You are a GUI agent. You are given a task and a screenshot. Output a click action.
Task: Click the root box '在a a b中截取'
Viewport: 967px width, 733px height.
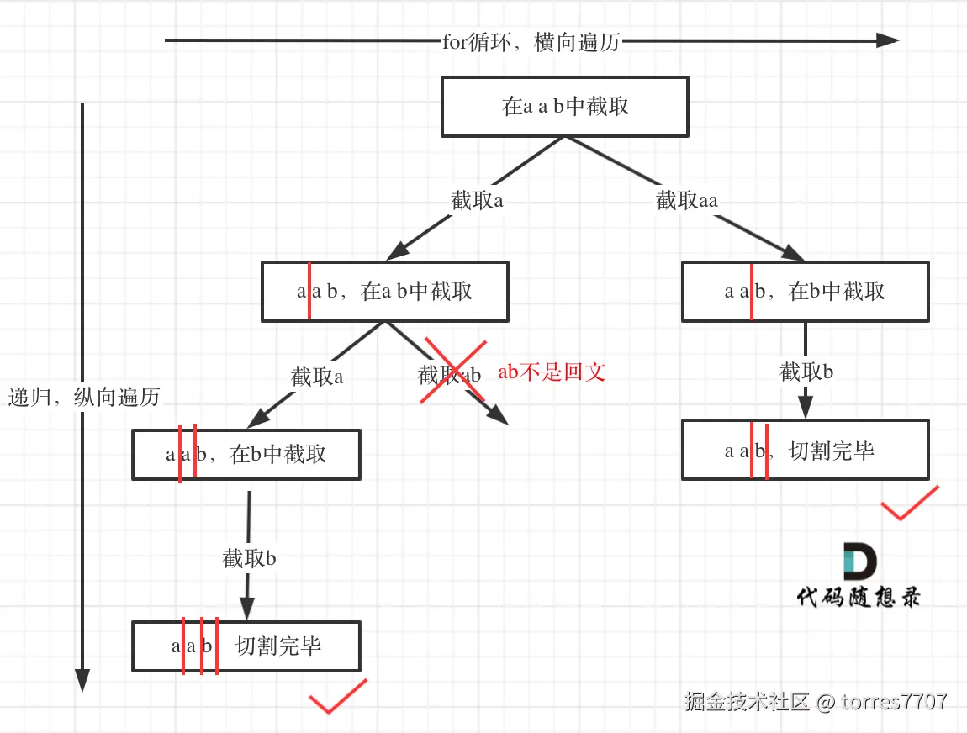tap(565, 107)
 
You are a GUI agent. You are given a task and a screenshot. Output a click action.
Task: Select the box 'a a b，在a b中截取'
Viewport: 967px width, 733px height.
tap(384, 292)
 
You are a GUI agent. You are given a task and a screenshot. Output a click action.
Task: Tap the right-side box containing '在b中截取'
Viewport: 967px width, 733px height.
tap(805, 292)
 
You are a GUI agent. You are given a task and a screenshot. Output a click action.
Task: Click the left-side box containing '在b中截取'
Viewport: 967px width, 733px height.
tap(246, 455)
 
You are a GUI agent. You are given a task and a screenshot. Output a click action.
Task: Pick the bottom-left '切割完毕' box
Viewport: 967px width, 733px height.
tap(246, 646)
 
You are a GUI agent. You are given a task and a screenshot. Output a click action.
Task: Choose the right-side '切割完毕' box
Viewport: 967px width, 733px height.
tap(805, 451)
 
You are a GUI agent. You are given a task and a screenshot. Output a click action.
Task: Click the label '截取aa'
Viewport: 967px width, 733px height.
tap(687, 200)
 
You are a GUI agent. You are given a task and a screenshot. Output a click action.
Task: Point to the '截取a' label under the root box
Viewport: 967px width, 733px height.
tap(477, 200)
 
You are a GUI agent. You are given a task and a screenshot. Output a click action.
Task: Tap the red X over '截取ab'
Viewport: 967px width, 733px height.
tap(454, 372)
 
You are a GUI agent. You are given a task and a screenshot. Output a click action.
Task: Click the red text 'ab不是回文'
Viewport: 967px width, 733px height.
tap(552, 372)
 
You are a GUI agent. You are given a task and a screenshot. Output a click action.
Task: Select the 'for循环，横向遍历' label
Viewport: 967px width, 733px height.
tap(531, 42)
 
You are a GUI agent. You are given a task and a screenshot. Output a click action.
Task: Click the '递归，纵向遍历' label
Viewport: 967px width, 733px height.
tap(84, 398)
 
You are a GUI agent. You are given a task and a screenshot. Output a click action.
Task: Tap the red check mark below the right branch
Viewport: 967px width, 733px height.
tap(909, 503)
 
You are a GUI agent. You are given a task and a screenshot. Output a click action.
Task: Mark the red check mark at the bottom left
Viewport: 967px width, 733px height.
tap(337, 696)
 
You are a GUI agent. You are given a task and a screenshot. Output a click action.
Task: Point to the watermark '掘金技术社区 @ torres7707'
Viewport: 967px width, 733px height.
tap(815, 701)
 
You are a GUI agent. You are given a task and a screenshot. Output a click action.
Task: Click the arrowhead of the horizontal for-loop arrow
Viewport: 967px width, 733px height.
tap(888, 40)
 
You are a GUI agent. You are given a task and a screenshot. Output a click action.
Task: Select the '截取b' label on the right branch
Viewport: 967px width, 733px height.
tap(806, 372)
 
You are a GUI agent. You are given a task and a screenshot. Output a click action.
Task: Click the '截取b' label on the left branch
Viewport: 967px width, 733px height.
tap(249, 558)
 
